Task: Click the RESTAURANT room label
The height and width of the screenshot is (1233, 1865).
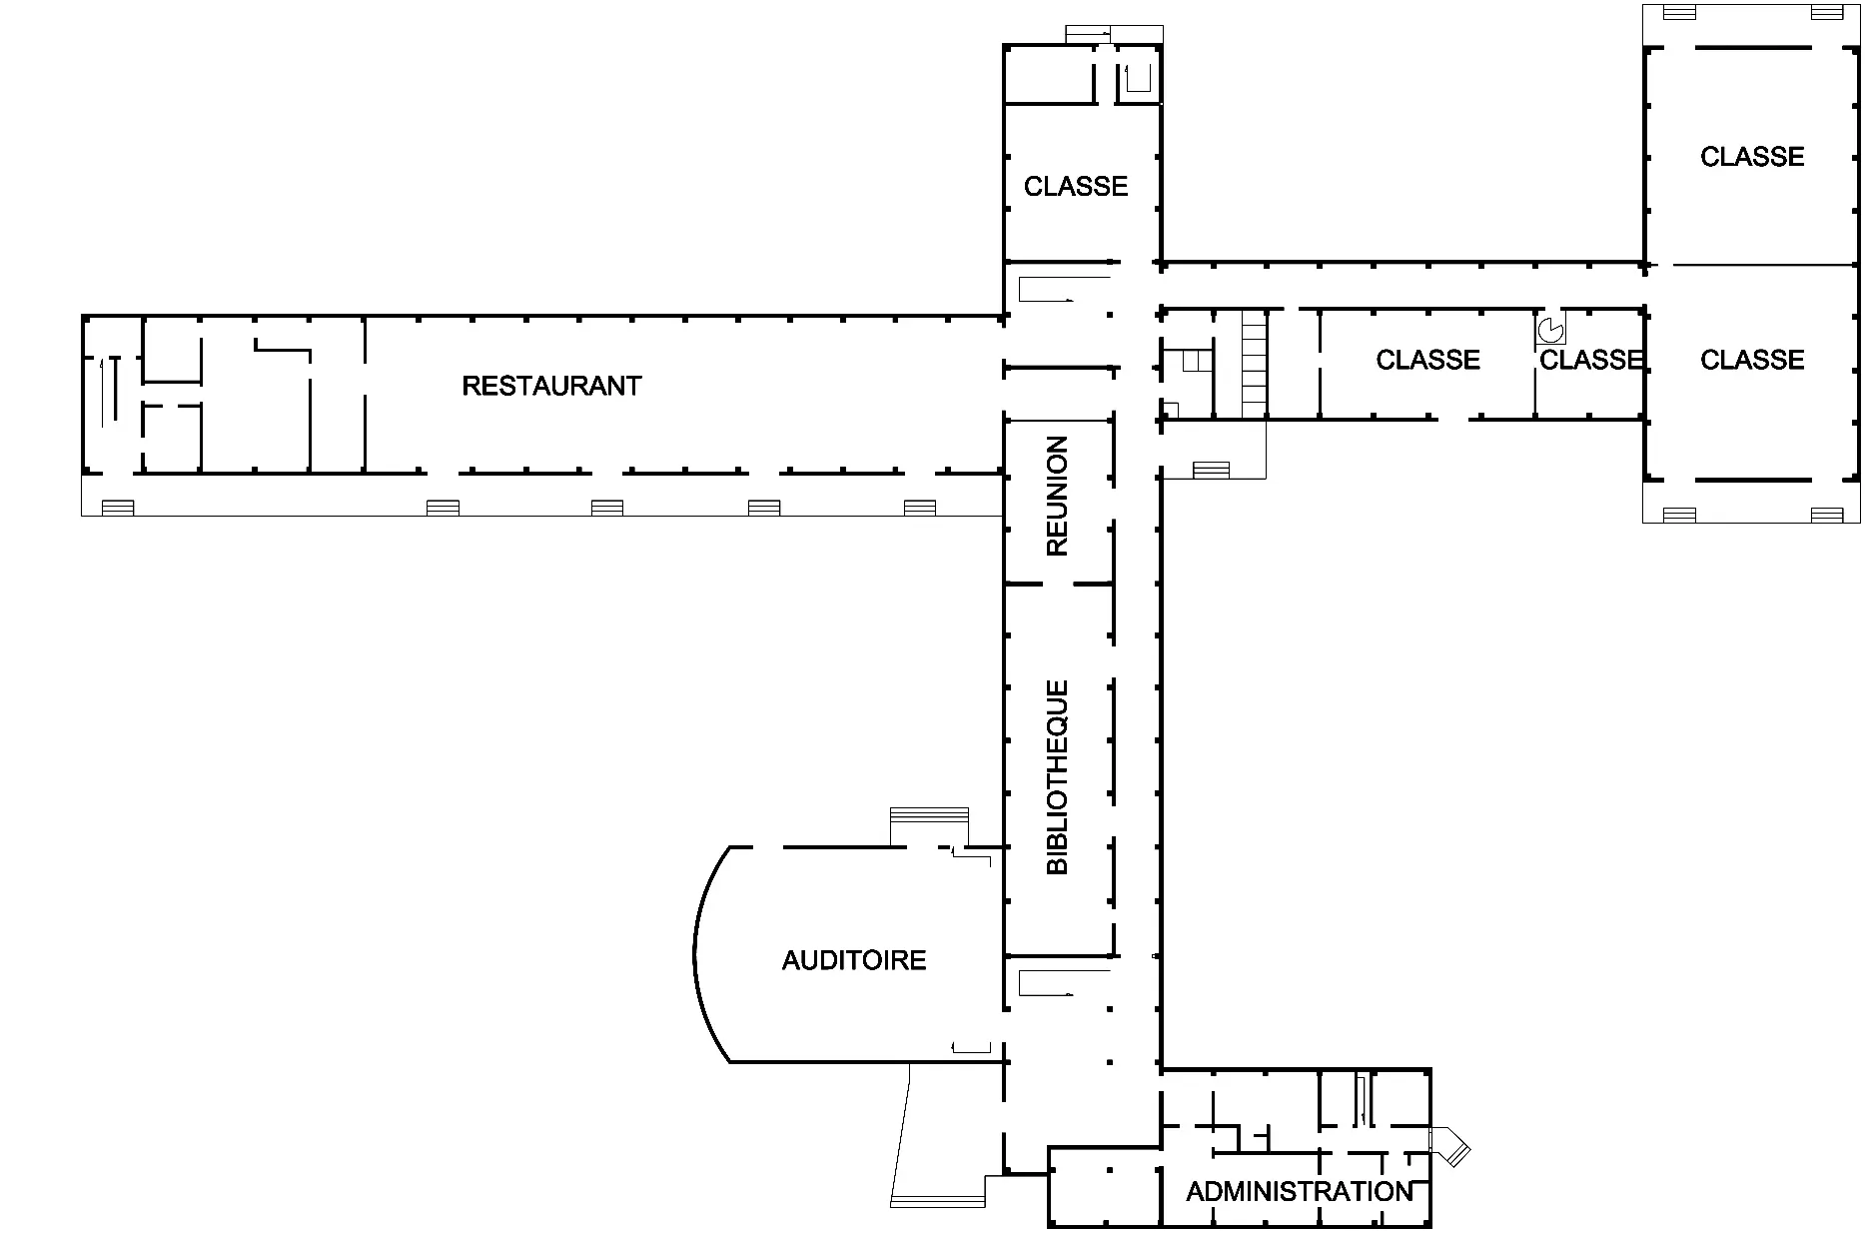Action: [x=551, y=386]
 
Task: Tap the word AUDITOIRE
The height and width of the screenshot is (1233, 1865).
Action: [x=854, y=960]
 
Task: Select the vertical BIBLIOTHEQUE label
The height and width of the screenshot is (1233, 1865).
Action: [x=1057, y=777]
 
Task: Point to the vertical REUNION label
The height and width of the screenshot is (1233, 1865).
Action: [x=1057, y=496]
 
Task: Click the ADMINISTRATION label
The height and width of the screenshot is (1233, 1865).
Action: [x=1300, y=1191]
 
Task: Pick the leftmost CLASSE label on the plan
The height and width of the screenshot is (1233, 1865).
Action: [x=1076, y=186]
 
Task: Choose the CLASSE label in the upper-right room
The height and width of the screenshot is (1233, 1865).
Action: [x=1752, y=157]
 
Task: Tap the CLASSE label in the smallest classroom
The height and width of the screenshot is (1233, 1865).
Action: [x=1590, y=360]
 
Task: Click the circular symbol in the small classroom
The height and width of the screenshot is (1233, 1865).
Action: [x=1550, y=329]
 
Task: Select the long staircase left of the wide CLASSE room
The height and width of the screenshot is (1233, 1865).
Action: [x=1255, y=363]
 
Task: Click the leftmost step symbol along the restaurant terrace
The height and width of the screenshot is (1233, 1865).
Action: [x=118, y=508]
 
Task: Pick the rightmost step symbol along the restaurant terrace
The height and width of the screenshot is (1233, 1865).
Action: [x=920, y=508]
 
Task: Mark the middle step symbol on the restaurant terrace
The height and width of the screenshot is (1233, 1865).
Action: [x=607, y=508]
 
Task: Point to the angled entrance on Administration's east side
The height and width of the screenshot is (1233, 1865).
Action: [x=1449, y=1146]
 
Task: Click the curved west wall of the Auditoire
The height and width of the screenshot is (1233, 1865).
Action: [x=696, y=954]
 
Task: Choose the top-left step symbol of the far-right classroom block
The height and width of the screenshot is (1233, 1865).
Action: [x=1680, y=13]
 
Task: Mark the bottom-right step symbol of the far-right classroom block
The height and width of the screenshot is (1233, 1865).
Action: [x=1827, y=515]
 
